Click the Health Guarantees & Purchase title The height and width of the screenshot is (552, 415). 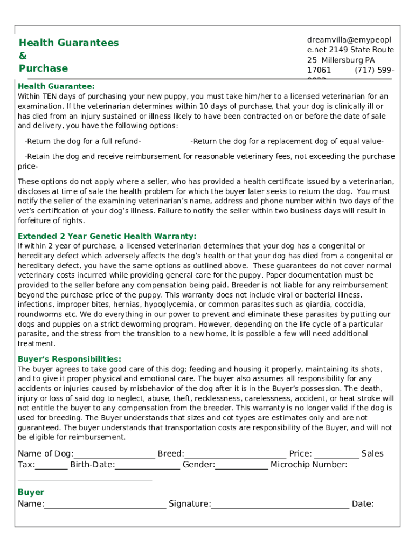[68, 56]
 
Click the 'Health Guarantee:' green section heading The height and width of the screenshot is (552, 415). [56, 86]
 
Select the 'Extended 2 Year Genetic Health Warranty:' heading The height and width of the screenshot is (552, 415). [107, 236]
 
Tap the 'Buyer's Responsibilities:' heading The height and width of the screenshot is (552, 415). [70, 359]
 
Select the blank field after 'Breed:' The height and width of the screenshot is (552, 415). [235, 454]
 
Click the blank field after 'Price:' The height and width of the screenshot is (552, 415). [336, 454]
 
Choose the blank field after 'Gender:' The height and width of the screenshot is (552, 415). [241, 465]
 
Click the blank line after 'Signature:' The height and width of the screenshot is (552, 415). [280, 504]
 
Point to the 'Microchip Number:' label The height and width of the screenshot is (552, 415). [309, 465]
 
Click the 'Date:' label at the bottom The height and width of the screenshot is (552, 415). [363, 504]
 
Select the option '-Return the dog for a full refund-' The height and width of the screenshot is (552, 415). [83, 141]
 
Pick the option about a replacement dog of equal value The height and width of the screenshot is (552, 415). [287, 141]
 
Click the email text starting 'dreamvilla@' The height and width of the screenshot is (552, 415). [349, 40]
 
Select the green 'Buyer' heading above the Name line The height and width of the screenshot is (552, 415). [31, 492]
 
